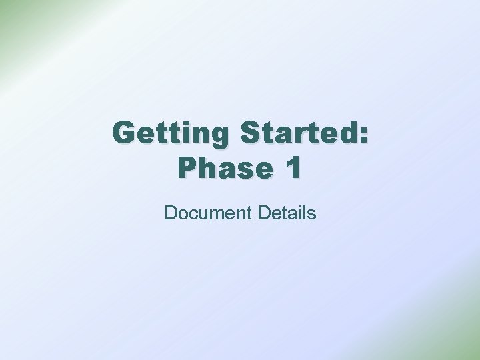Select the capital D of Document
click(170, 213)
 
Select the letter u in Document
click(202, 215)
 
